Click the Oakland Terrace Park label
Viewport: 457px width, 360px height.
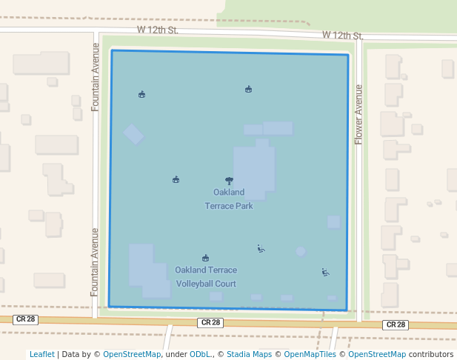click(229, 199)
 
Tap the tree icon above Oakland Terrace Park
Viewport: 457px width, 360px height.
click(229, 180)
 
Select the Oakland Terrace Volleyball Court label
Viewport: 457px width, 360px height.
click(206, 277)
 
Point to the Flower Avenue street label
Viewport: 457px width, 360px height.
click(358, 114)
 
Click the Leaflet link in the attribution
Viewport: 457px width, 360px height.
click(42, 354)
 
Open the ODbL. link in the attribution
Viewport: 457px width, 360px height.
click(201, 354)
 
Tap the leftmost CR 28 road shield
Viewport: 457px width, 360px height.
click(25, 319)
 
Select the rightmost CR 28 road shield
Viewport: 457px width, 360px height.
click(395, 324)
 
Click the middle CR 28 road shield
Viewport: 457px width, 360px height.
click(210, 322)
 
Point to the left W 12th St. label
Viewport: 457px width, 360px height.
click(158, 30)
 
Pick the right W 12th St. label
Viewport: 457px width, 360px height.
click(342, 36)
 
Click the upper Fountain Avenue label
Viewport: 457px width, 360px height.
click(96, 77)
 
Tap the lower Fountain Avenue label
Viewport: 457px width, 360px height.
click(95, 261)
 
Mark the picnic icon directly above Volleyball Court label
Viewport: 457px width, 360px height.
click(205, 258)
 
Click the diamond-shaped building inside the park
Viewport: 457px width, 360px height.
click(133, 134)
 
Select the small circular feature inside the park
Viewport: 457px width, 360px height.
click(301, 251)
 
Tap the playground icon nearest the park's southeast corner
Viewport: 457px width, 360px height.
click(325, 272)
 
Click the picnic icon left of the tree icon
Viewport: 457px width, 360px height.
click(176, 179)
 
